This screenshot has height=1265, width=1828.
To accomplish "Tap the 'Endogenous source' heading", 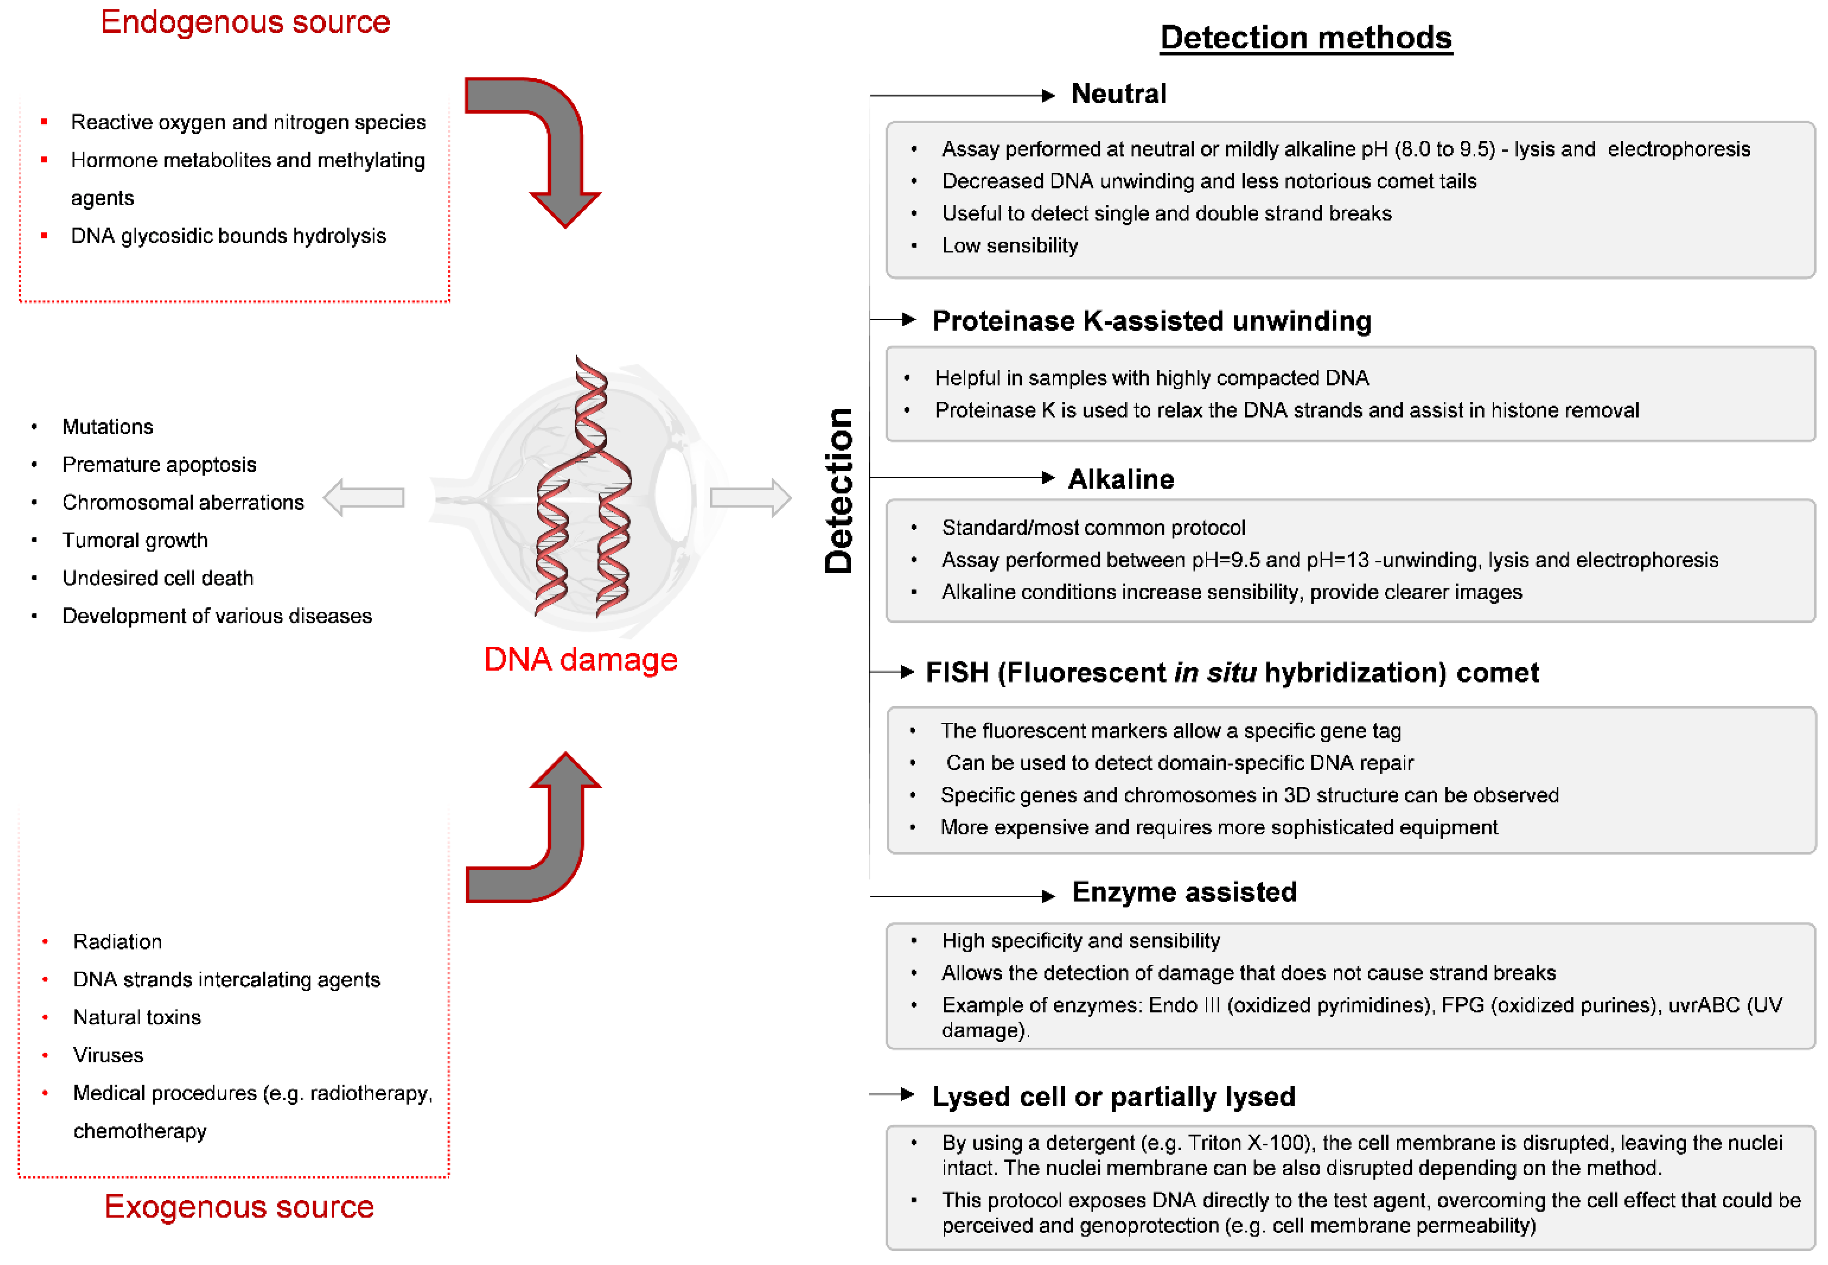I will coord(246,22).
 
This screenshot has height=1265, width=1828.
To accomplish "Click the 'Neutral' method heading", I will coord(1118,94).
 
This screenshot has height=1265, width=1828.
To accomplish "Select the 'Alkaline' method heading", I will coord(1120,479).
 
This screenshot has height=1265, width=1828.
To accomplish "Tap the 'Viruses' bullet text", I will coord(108,1055).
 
